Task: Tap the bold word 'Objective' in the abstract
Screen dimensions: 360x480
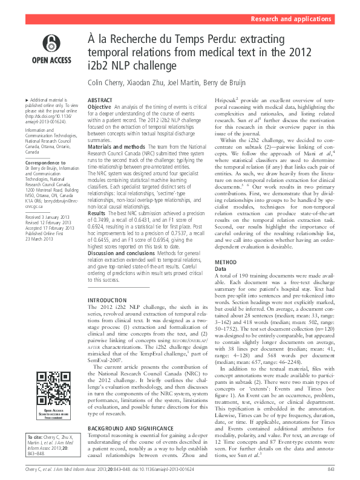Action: pos(100,106)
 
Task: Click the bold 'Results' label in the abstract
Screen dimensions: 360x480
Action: pos(97,214)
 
